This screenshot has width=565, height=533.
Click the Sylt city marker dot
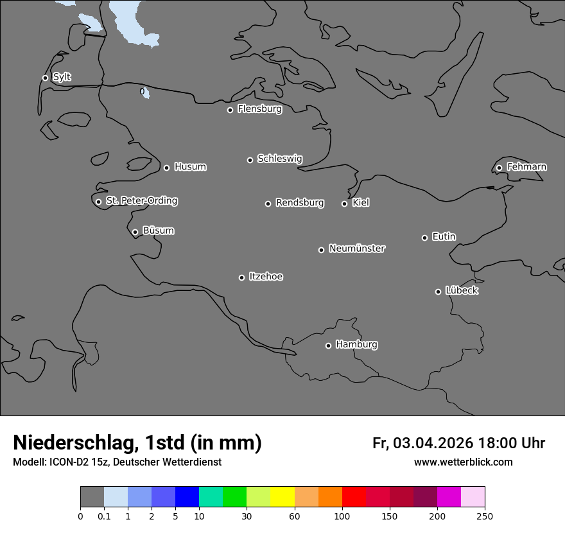[45, 78]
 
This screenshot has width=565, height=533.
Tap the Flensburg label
[259, 109]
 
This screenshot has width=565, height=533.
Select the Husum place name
[190, 167]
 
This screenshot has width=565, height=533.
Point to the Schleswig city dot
[250, 160]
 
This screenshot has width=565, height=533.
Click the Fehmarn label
[526, 167]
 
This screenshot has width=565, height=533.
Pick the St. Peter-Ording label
[141, 201]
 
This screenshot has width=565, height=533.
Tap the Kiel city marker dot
[344, 204]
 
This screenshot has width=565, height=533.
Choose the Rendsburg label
[300, 203]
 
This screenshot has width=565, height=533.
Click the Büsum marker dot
[135, 232]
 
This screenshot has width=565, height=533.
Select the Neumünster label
[357, 249]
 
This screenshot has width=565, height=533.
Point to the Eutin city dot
[424, 238]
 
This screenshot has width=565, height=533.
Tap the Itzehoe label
[266, 277]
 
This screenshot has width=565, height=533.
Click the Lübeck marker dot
[438, 292]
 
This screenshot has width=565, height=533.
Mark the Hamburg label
[356, 345]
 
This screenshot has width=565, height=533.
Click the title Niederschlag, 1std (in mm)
[137, 442]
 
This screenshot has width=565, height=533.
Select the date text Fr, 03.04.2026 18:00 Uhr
[458, 443]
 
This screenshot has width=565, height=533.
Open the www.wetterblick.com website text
[463, 462]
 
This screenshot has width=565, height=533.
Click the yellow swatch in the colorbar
[282, 497]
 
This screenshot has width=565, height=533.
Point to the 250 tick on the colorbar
[485, 516]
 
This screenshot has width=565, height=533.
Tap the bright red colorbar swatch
[354, 497]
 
